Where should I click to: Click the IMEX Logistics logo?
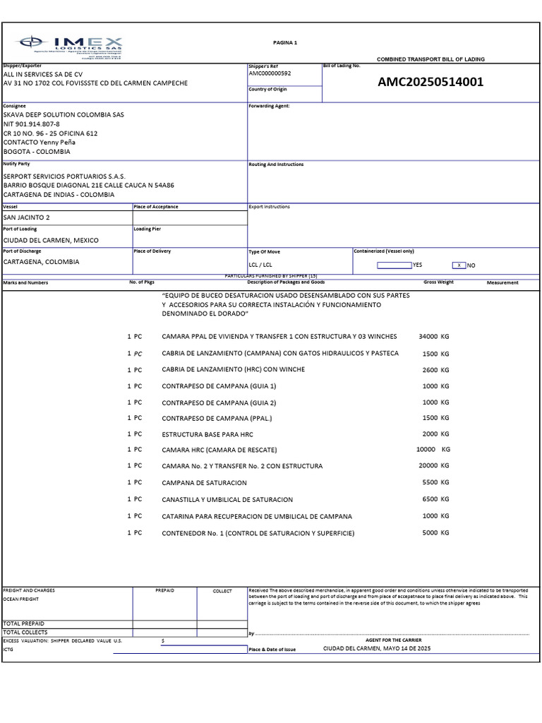click(71, 46)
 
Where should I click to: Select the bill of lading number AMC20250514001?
click(430, 82)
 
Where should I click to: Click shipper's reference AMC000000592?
click(270, 73)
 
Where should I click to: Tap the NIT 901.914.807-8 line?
click(32, 124)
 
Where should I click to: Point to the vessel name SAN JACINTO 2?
click(27, 217)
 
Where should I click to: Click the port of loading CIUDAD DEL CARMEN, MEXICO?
click(51, 240)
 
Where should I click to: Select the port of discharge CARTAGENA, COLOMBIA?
click(42, 262)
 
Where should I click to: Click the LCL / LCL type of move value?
click(260, 265)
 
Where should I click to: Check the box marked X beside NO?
click(459, 265)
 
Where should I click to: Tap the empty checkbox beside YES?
click(394, 265)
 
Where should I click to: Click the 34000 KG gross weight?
click(433, 336)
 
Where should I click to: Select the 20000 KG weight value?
click(433, 466)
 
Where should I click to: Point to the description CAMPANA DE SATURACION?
click(205, 483)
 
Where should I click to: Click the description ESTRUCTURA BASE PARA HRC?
click(207, 434)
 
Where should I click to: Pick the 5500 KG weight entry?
click(435, 482)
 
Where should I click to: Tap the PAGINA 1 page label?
click(285, 42)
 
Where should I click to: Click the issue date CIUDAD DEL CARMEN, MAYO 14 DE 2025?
click(376, 648)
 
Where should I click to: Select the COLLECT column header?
click(222, 591)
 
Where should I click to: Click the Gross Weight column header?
click(438, 282)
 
